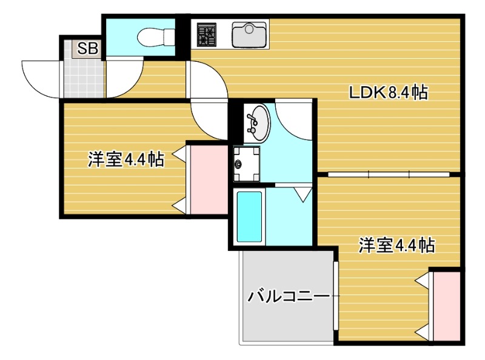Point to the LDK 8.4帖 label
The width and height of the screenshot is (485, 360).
(388, 93)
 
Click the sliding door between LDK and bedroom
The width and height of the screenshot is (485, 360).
(388, 175)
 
